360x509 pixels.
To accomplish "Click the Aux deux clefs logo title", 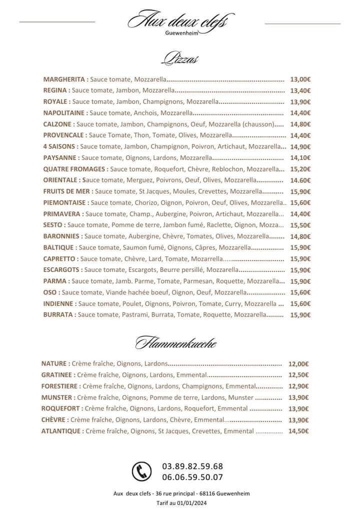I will (178, 21).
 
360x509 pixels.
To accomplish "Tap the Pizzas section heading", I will (180, 58).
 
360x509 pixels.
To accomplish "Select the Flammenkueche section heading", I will (175, 343).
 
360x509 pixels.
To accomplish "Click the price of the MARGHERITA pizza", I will (300, 79).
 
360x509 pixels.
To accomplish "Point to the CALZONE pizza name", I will (58, 124).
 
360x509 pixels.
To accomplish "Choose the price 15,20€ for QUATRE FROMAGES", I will (300, 169).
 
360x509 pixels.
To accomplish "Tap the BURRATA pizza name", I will (59, 314).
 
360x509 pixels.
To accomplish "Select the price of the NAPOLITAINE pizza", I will (300, 113).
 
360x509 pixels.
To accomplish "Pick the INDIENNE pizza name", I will (59, 303).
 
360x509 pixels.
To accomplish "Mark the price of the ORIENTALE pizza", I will (300, 180).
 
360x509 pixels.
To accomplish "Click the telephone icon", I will (141, 471).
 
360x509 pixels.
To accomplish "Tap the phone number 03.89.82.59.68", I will (192, 466).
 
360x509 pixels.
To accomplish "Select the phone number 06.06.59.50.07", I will (192, 477).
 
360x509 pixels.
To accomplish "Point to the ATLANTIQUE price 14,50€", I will (298, 431).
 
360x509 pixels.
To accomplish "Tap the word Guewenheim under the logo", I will (181, 34).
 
